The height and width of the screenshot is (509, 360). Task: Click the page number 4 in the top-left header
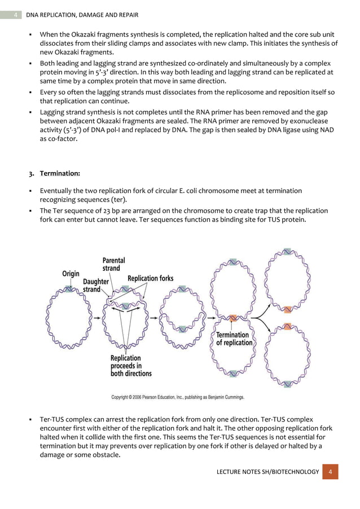[x=15, y=14]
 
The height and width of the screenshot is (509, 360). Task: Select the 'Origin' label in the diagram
[x=70, y=274]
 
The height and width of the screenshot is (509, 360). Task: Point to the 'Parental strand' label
[x=113, y=264]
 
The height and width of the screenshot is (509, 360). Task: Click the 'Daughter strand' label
[x=96, y=285]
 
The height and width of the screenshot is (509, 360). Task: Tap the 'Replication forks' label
[x=151, y=278]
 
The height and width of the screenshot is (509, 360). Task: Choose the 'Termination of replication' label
[x=234, y=339]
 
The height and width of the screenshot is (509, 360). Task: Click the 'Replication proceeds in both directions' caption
[x=130, y=366]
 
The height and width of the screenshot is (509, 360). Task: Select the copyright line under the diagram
[x=178, y=397]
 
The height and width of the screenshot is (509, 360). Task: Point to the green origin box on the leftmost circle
[x=69, y=289]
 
